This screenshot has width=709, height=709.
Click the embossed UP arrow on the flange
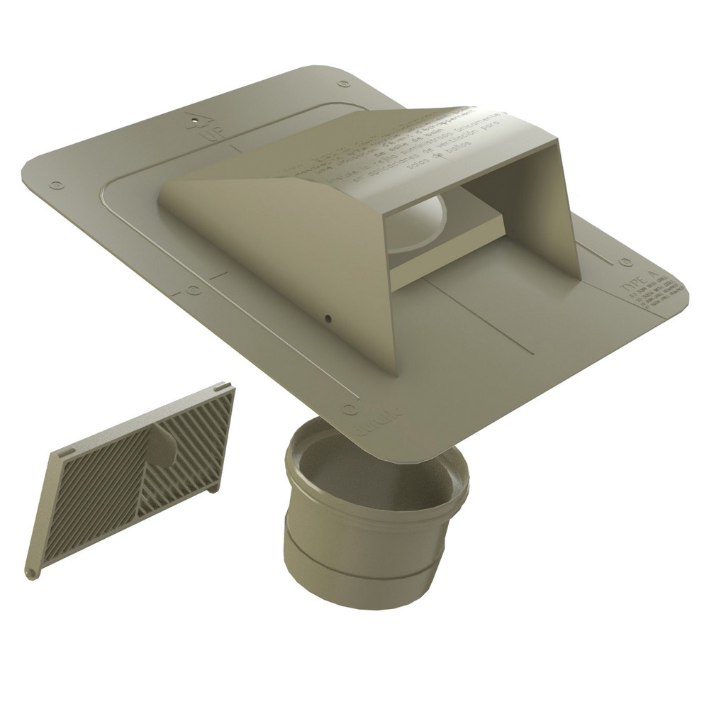pyautogui.click(x=196, y=121)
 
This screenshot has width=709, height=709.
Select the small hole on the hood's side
pyautogui.click(x=328, y=318)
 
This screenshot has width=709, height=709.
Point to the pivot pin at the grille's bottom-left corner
pyautogui.click(x=30, y=571)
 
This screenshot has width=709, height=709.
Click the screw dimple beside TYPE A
pyautogui.click(x=625, y=262)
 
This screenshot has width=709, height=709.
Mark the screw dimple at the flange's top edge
pyautogui.click(x=344, y=84)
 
